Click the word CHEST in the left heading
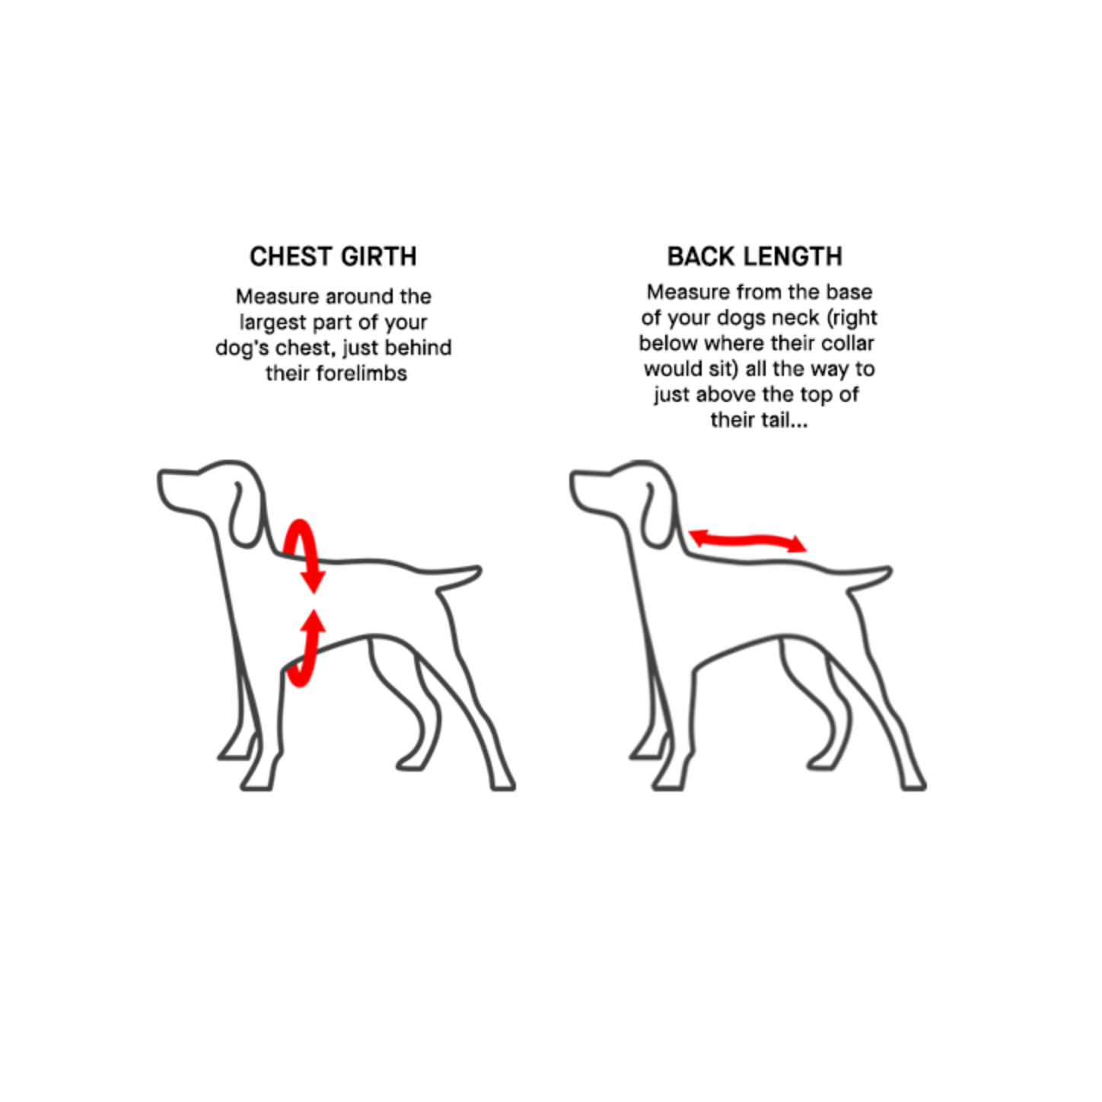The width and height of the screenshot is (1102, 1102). (291, 256)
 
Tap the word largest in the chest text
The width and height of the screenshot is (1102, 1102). (272, 323)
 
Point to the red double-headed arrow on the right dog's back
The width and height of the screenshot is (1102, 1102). (747, 540)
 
